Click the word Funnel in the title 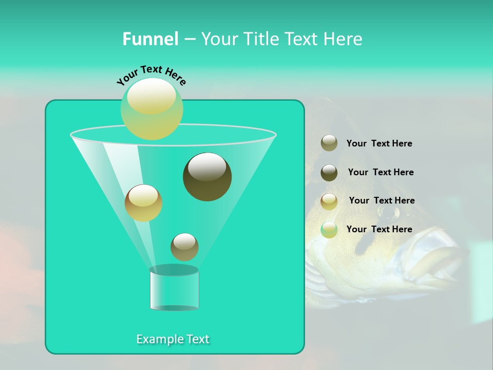pos(150,39)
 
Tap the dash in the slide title pos(189,40)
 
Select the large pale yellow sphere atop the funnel pos(151,108)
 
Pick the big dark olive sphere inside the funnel pos(207,177)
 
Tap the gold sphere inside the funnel pos(143,203)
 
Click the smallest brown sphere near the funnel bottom pos(184,247)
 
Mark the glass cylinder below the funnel pos(174,288)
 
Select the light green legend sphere pos(329,230)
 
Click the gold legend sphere pos(329,201)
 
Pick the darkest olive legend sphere pos(329,173)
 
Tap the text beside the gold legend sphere pos(382,200)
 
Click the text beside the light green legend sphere pos(379,229)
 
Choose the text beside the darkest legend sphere pos(381,172)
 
